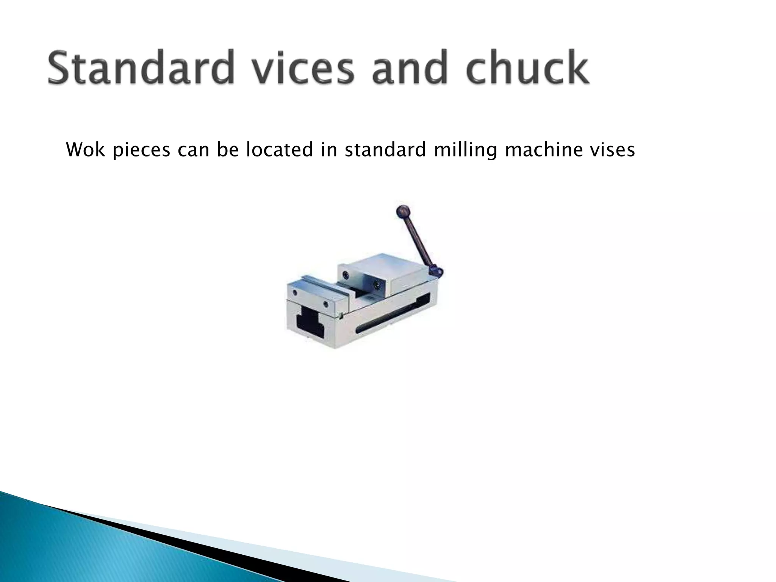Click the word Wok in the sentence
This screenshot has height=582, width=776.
click(86, 150)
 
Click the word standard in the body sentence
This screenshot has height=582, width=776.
click(386, 150)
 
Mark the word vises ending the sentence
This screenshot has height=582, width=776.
click(612, 150)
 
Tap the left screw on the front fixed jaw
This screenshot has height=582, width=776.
click(295, 293)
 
